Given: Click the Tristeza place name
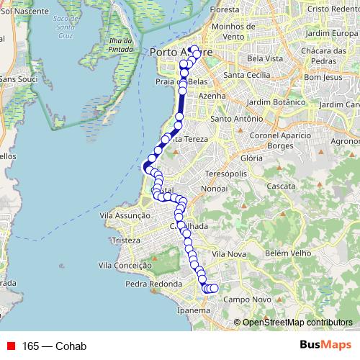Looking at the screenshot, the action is pyautogui.click(x=125, y=240).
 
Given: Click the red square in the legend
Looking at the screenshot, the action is pyautogui.click(x=10, y=346).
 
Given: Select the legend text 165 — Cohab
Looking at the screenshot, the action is pyautogui.click(x=55, y=346).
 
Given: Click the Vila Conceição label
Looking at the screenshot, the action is pyautogui.click(x=127, y=265).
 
